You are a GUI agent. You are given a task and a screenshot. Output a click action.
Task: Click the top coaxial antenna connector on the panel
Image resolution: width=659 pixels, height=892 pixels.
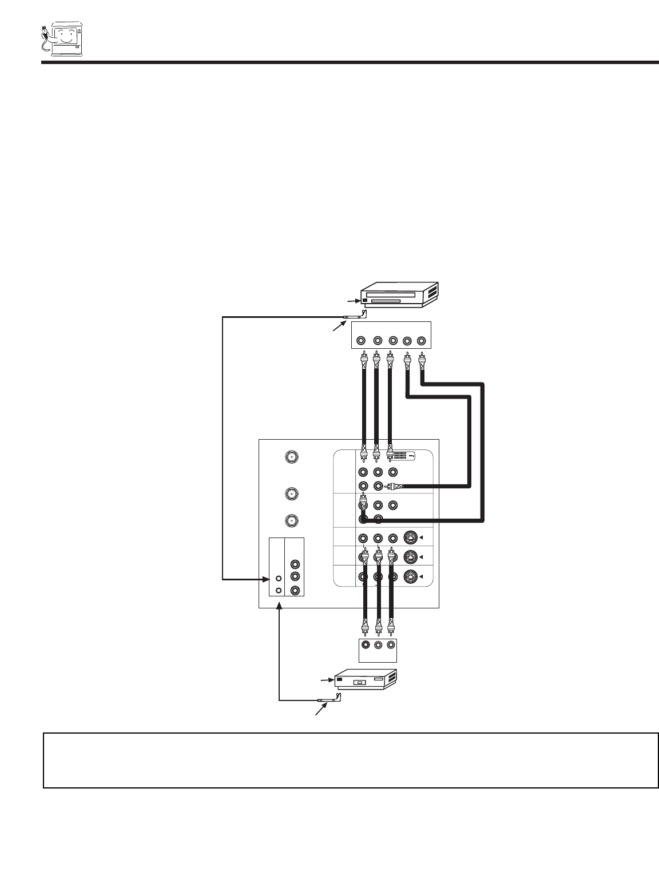pyautogui.click(x=292, y=457)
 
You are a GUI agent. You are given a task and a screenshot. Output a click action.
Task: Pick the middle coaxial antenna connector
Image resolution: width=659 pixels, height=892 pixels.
pyautogui.click(x=292, y=493)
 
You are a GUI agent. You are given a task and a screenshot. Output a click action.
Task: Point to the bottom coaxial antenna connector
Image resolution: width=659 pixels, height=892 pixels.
pyautogui.click(x=292, y=521)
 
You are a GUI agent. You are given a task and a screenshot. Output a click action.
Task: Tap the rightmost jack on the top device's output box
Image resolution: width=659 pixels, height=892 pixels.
pyautogui.click(x=422, y=341)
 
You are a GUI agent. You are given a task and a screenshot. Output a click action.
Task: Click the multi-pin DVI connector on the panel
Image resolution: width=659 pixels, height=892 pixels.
pyautogui.click(x=403, y=456)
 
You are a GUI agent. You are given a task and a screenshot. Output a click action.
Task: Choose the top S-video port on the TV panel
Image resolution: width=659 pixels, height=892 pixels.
pyautogui.click(x=410, y=537)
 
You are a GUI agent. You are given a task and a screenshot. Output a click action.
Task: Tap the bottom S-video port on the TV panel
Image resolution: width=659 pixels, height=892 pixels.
pyautogui.click(x=410, y=576)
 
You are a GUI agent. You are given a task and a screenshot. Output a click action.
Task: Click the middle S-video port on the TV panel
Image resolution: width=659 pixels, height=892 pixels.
pyautogui.click(x=410, y=557)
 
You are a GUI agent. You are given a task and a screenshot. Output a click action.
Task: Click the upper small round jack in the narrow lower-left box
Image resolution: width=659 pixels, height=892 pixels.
pyautogui.click(x=277, y=579)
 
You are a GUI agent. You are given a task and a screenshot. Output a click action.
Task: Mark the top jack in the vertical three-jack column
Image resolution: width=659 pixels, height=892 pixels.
pyautogui.click(x=295, y=564)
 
